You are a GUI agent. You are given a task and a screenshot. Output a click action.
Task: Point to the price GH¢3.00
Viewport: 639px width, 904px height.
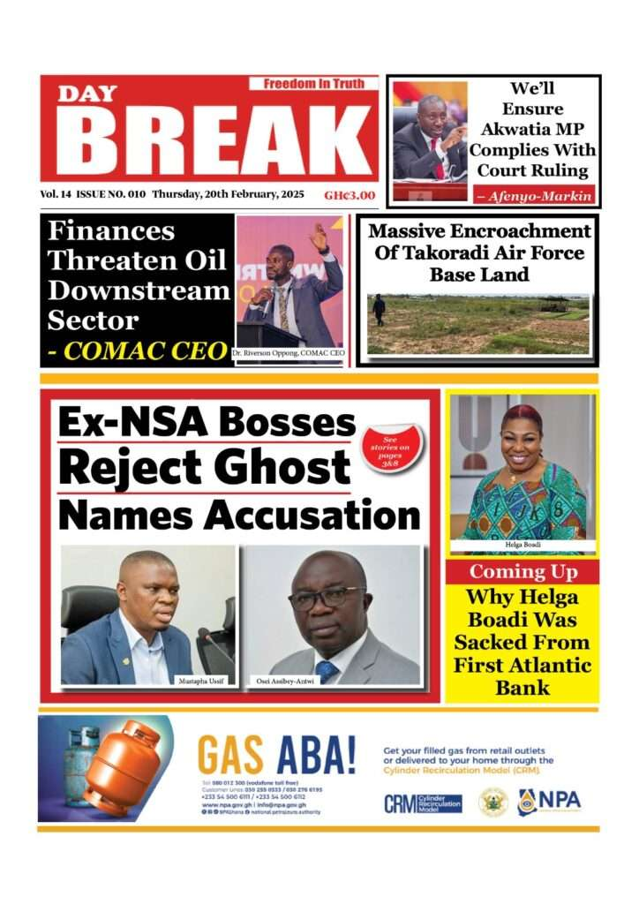350,195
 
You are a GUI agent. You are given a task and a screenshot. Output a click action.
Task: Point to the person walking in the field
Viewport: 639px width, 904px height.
379,310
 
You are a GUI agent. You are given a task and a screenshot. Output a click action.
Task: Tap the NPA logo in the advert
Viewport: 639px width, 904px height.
549,801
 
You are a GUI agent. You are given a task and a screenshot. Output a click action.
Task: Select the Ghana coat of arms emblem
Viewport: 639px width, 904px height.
492,802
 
